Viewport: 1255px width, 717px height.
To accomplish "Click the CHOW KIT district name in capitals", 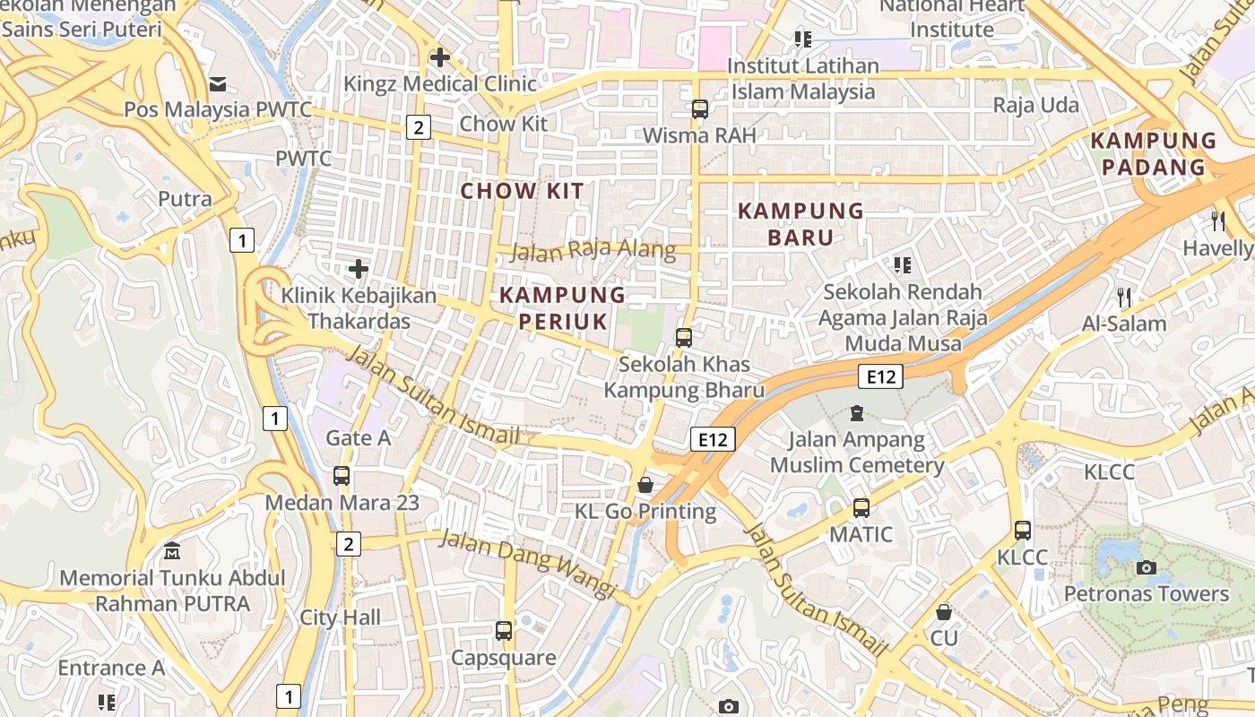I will coord(522,191).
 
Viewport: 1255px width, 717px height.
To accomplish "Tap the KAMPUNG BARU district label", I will coord(800,224).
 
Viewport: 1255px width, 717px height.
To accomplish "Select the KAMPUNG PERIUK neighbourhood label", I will coord(562,307).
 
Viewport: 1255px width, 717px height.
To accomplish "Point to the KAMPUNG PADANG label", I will coord(1154,153).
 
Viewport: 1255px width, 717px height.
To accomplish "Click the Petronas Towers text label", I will coord(1146,594).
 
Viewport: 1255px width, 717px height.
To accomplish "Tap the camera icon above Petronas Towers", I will coord(1146,567).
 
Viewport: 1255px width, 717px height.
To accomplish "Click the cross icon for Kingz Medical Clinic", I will coord(439,57).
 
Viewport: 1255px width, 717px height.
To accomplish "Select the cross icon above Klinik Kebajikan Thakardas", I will coord(359,268).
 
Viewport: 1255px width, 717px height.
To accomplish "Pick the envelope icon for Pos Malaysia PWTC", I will coord(218,83).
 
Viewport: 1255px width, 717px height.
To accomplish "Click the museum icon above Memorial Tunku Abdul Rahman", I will coord(172,550).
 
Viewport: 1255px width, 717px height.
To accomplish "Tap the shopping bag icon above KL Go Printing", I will coord(645,485).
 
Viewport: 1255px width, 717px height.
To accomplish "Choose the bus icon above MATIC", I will coord(861,507).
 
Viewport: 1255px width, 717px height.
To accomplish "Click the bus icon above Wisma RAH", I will coord(700,109).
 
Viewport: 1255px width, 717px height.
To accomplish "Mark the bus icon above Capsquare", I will coord(504,630).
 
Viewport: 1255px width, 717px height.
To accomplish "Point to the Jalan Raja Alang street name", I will coord(593,250).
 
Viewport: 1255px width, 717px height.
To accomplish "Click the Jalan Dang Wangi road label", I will coord(528,564).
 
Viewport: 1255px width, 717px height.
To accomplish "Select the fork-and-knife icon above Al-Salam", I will coord(1124,297).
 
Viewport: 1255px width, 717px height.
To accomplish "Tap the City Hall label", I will coord(340,618).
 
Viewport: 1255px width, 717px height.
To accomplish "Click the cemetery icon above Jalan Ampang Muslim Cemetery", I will coord(857,413).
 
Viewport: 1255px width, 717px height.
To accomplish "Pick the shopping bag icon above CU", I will coord(943,612).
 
